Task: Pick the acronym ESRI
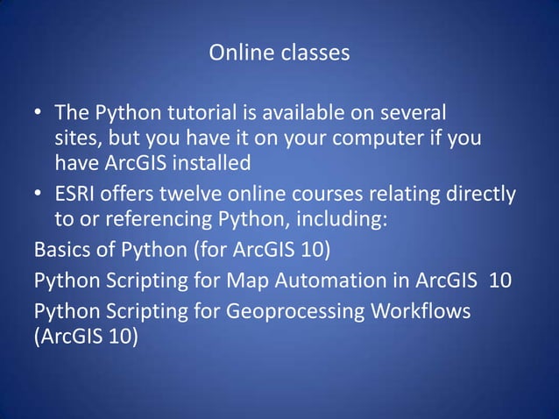77,193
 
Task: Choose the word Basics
64,250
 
